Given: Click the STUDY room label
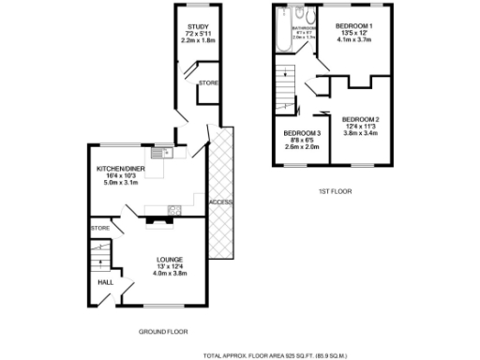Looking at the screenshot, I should click(x=197, y=27).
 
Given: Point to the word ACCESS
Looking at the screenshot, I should click(x=220, y=202).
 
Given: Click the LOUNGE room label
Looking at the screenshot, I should click(x=170, y=259).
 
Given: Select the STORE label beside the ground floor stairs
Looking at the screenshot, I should click(x=99, y=228).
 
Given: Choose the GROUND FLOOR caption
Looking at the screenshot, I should click(x=163, y=332).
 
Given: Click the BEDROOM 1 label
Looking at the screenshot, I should click(x=357, y=25).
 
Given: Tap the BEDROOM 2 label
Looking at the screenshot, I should click(x=360, y=119).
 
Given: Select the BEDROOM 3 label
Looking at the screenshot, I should click(x=302, y=133).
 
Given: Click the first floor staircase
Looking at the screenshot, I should click(x=288, y=79).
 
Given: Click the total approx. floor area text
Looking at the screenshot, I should click(x=275, y=355).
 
